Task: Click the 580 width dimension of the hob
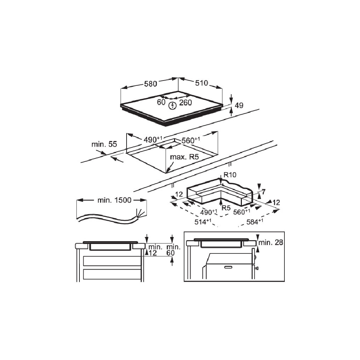click(150, 84)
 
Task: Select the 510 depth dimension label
click(201, 83)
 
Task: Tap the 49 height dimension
click(239, 105)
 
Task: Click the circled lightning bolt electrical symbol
click(172, 105)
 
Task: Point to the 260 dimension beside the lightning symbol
click(186, 103)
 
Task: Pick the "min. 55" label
click(104, 144)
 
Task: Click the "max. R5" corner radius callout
click(184, 157)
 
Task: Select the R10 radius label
click(230, 175)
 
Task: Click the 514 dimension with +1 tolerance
click(203, 222)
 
